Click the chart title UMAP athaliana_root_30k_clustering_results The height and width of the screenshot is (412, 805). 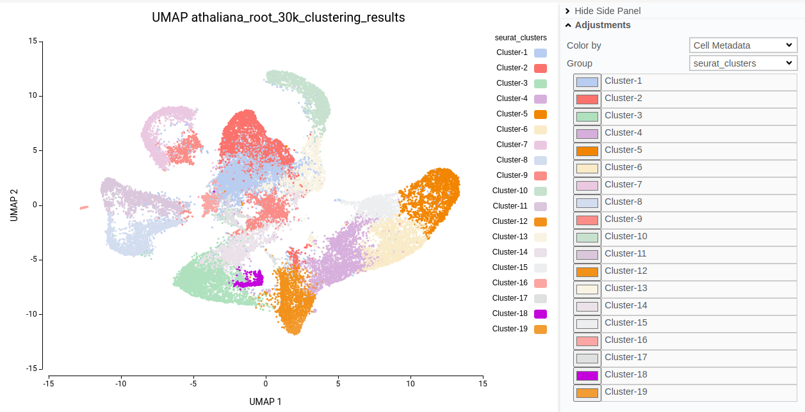coord(278,17)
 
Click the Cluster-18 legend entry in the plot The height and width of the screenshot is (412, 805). coord(510,313)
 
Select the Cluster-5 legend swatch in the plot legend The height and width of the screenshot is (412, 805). coord(540,114)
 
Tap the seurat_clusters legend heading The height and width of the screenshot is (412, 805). coord(521,38)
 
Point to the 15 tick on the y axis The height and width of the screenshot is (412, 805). coord(32,41)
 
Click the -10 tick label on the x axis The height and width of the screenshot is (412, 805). coord(120,383)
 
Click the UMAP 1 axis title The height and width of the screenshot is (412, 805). coord(265,402)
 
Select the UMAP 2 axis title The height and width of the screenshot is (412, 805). coord(13,205)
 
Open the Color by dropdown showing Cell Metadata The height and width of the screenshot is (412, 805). coord(743,45)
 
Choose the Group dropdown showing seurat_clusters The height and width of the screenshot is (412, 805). coord(743,63)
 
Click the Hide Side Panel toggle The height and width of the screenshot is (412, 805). coord(607,11)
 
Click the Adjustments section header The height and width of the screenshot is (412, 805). coord(602,25)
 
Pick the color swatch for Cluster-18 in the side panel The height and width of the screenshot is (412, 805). coord(587,376)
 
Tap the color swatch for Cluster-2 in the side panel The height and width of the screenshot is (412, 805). coord(587,99)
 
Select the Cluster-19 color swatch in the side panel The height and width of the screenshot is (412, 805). coord(587,393)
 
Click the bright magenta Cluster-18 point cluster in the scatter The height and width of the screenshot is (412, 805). coord(249,279)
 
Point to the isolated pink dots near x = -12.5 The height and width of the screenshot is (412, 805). coord(84,207)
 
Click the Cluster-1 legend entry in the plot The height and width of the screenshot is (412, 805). coord(512,52)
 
